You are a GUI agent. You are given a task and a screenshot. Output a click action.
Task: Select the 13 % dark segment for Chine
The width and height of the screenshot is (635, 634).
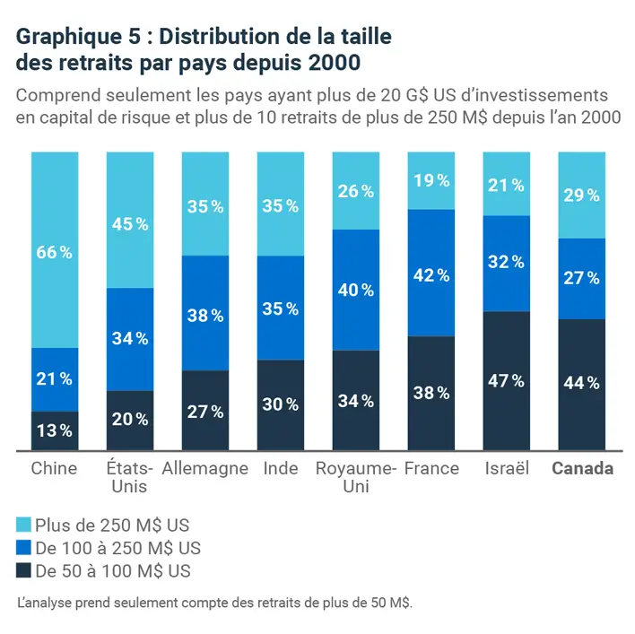[54, 430]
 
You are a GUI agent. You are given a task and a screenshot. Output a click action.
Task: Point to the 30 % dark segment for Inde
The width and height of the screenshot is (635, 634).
[281, 404]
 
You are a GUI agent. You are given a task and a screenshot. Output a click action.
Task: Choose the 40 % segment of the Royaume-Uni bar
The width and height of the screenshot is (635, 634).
[356, 290]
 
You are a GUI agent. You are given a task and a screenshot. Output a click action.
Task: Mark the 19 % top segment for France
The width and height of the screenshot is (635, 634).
[431, 180]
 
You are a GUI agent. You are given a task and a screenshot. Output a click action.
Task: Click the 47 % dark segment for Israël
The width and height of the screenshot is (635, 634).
[507, 381]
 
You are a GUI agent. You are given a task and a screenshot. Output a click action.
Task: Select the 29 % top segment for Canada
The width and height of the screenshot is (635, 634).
[582, 195]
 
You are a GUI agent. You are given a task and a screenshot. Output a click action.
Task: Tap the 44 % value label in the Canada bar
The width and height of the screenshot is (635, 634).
[582, 383]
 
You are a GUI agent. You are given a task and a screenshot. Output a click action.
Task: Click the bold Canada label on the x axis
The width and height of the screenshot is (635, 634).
[582, 468]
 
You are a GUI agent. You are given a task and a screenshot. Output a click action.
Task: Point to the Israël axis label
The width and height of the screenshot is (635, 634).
[507, 468]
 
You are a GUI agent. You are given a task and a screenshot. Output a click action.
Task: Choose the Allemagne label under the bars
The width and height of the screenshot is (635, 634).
[205, 468]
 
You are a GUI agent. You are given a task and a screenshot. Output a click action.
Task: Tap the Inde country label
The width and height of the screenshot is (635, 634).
[281, 468]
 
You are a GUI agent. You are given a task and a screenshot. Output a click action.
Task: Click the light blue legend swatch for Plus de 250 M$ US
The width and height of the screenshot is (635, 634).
[24, 525]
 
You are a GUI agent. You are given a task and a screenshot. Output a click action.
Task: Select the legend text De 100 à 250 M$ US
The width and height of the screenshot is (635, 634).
[117, 548]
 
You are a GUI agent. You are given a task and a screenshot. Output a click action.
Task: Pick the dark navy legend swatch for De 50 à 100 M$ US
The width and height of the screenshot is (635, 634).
[24, 570]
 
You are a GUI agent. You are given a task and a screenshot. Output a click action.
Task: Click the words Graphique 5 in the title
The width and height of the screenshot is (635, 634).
[71, 38]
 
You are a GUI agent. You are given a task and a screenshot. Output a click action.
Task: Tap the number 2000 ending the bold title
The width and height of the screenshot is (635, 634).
[336, 65]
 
